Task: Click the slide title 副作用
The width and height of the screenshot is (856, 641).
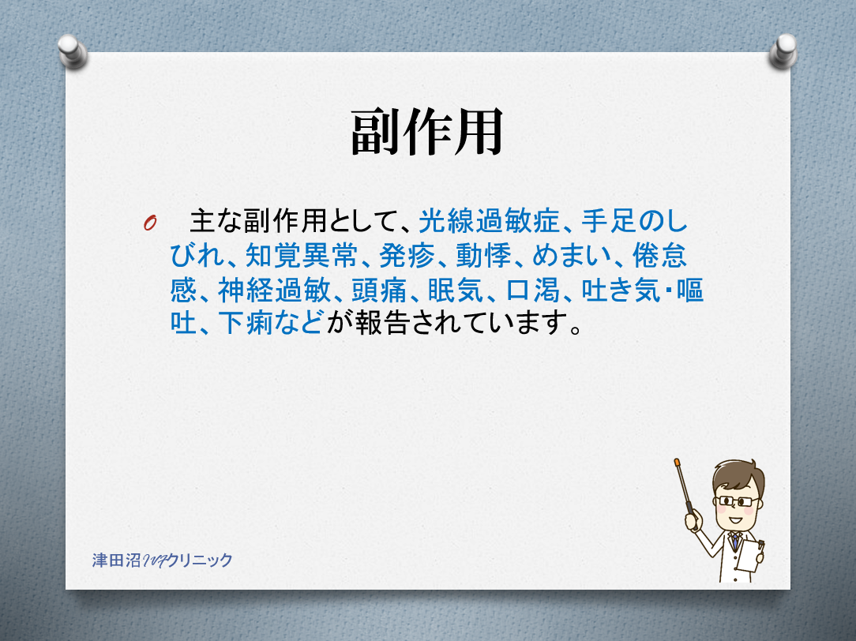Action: pyautogui.click(x=426, y=132)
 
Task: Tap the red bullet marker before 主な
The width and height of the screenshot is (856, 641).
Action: pyautogui.click(x=150, y=223)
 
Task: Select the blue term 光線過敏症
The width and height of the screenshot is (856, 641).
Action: pyautogui.click(x=489, y=222)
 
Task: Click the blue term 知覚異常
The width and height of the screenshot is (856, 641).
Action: pyautogui.click(x=302, y=255)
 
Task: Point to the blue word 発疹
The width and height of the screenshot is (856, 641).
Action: pyautogui.click(x=407, y=255)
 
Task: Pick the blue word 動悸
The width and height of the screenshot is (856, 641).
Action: pyautogui.click(x=484, y=255)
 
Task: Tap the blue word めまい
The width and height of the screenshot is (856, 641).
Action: pyautogui.click(x=572, y=255)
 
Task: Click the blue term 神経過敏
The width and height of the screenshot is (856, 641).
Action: pyautogui.click(x=274, y=290)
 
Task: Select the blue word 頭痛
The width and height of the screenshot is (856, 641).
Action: pyautogui.click(x=379, y=290)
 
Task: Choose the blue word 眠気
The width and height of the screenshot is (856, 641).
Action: pyautogui.click(x=456, y=290)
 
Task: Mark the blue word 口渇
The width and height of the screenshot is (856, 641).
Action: pyautogui.click(x=533, y=290)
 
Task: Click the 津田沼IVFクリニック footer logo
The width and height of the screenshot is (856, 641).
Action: pyautogui.click(x=162, y=560)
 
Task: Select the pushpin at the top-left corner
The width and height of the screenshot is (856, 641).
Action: pyautogui.click(x=72, y=51)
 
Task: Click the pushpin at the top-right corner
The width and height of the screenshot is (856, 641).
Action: pyautogui.click(x=783, y=51)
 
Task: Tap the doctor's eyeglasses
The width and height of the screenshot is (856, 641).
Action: pyautogui.click(x=738, y=500)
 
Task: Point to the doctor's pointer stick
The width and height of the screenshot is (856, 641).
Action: pyautogui.click(x=684, y=486)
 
